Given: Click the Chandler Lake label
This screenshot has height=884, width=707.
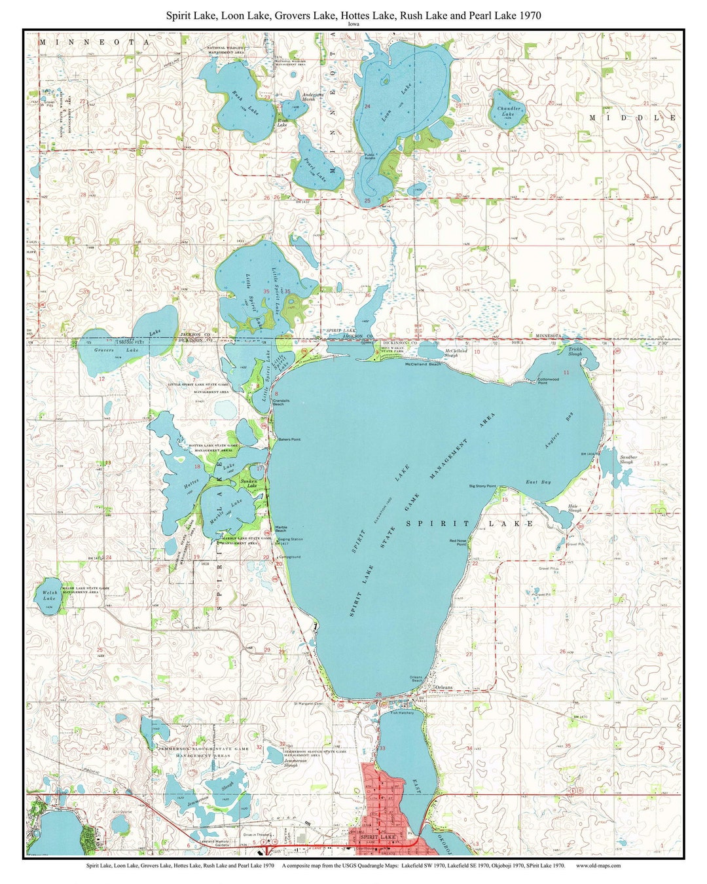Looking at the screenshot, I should tap(509, 111).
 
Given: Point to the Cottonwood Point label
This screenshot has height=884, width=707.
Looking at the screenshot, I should tap(548, 380).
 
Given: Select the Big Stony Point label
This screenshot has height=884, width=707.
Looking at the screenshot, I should tap(482, 487).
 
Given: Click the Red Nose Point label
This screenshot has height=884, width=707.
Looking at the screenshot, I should tap(458, 542).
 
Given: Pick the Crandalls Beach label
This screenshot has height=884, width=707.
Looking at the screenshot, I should tap(282, 402).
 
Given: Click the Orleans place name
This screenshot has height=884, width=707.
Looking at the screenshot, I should tap(444, 687).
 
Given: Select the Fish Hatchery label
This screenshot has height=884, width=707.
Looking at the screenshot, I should tap(402, 712).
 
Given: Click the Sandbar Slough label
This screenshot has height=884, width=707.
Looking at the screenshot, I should tap(626, 460).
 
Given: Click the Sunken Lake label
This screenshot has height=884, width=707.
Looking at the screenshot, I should tap(249, 483).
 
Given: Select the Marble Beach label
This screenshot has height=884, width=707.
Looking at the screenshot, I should tap(281, 528).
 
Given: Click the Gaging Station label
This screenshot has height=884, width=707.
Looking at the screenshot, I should tap(290, 540).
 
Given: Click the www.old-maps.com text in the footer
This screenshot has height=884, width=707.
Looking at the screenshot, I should tap(598, 865).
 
